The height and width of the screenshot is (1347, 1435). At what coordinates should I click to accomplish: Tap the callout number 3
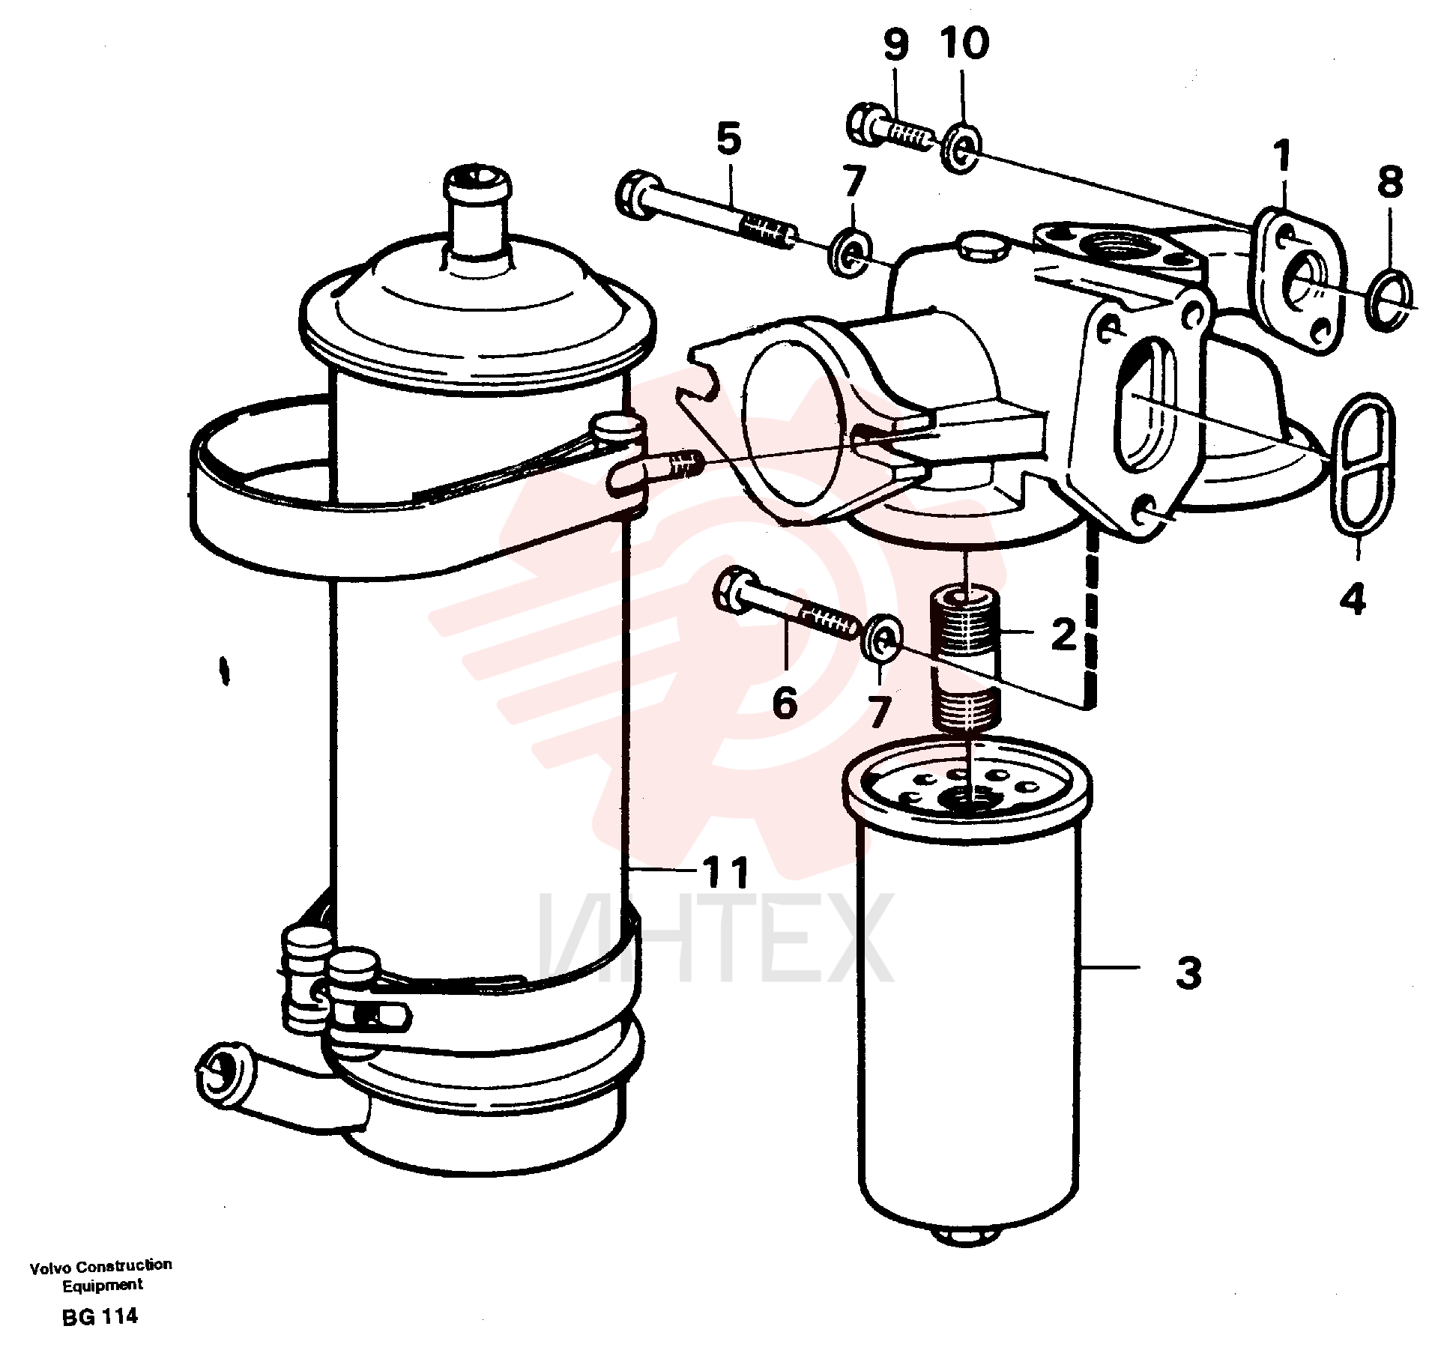click(1188, 973)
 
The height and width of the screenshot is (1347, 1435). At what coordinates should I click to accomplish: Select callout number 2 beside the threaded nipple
click(1063, 635)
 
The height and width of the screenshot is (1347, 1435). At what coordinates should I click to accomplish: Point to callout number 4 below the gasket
click(1353, 600)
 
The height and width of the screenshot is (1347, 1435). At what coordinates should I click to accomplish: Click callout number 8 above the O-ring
click(1390, 182)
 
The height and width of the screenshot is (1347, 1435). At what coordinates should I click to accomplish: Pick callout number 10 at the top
click(964, 43)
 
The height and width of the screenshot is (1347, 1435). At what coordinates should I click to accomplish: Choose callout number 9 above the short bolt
click(896, 44)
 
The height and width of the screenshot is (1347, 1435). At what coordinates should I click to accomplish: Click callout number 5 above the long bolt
click(728, 139)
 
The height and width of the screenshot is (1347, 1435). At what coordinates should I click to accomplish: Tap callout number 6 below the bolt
click(784, 702)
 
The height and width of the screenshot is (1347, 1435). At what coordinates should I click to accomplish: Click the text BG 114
click(100, 1316)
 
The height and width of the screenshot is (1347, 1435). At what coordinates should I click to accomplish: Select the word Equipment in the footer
click(102, 1284)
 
